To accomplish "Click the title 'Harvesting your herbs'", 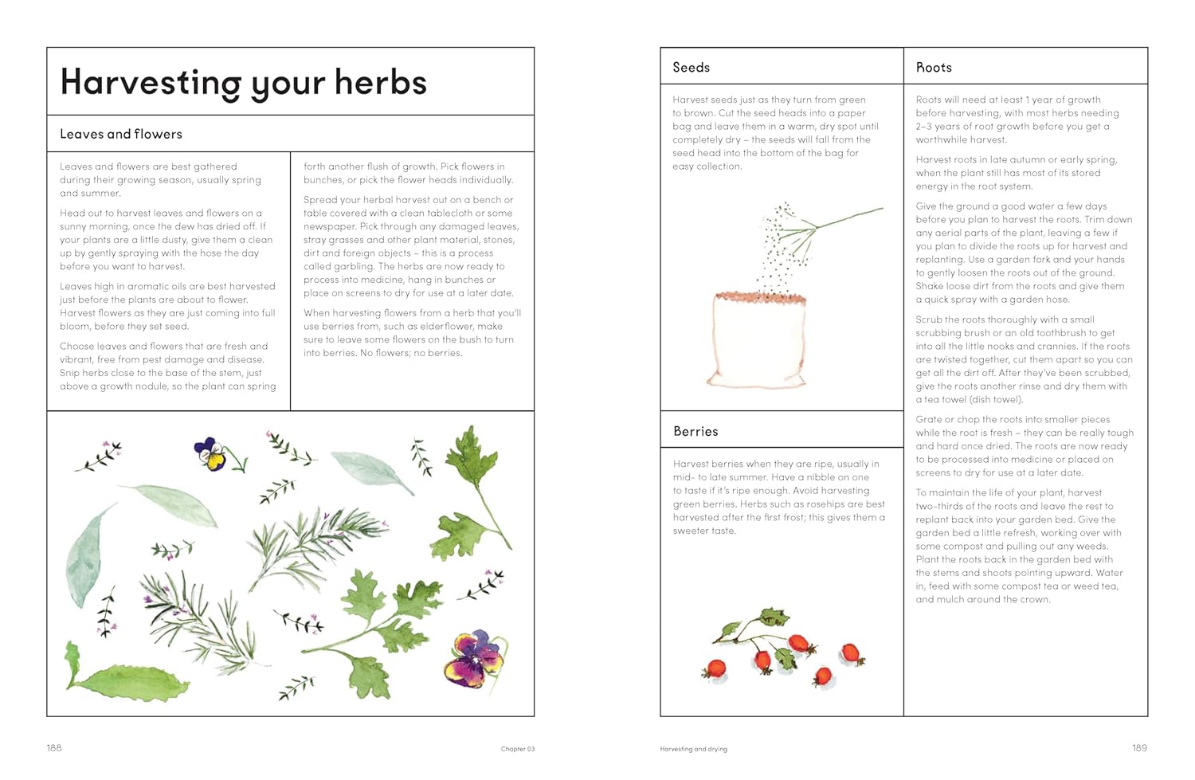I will pyautogui.click(x=243, y=83).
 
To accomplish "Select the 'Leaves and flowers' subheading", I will pyautogui.click(x=121, y=134).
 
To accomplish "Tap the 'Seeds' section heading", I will pyautogui.click(x=691, y=68).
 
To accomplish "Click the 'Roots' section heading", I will pyautogui.click(x=934, y=68).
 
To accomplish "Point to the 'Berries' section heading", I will pyautogui.click(x=695, y=431).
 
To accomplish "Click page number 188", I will pyautogui.click(x=54, y=747).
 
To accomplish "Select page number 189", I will pyautogui.click(x=1139, y=747).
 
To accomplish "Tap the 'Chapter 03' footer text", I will pyautogui.click(x=517, y=749).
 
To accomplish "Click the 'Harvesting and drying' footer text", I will pyautogui.click(x=693, y=749).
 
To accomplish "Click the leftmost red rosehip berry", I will pyautogui.click(x=715, y=668).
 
